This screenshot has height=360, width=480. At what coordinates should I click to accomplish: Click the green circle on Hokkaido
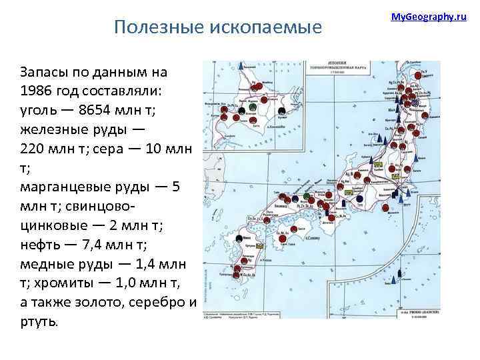click(253, 107)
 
